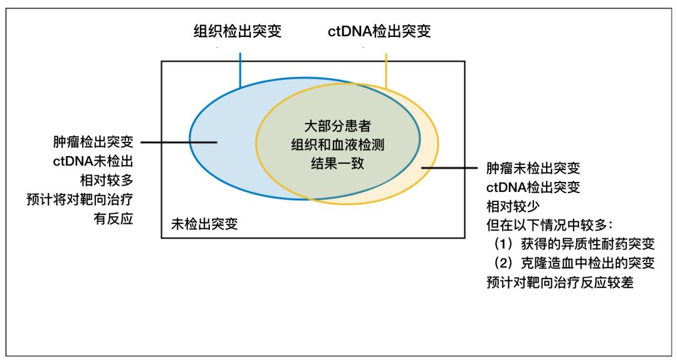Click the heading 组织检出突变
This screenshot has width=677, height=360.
tap(238, 31)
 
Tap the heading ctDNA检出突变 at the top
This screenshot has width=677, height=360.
tap(379, 31)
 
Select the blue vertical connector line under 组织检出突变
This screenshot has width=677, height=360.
tap(240, 70)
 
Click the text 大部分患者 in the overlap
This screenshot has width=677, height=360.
tap(338, 126)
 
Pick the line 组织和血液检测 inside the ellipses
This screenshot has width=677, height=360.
tap(338, 145)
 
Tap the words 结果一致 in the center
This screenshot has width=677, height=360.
tap(338, 163)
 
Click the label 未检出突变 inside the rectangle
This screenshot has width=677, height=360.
tap(204, 224)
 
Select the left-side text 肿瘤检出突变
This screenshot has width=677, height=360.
tap(93, 142)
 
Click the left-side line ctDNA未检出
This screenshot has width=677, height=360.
tap(93, 161)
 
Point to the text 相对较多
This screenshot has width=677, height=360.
tap(107, 180)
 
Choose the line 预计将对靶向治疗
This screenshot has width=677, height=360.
tap(80, 199)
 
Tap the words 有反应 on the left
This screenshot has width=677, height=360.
tap(113, 219)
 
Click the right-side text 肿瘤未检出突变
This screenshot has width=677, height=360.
tap(533, 168)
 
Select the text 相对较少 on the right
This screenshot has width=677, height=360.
tap(513, 206)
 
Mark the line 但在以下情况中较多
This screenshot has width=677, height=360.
tap(550, 225)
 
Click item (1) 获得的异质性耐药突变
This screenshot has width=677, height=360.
tap(574, 244)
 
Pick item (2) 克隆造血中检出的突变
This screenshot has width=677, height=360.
tap(574, 263)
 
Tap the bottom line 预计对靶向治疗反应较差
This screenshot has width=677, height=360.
tap(560, 283)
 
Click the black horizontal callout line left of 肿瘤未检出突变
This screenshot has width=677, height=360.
tap(449, 168)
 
